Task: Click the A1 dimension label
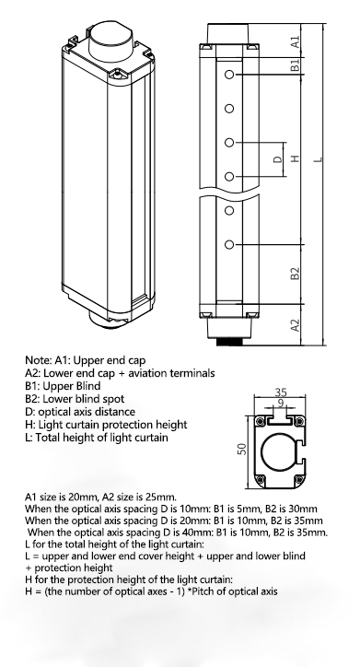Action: tap(296, 41)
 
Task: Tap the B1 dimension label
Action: tap(296, 65)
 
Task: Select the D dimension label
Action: tap(277, 159)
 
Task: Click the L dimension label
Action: tap(318, 159)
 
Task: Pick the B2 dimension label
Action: tap(296, 274)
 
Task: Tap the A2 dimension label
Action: tap(296, 325)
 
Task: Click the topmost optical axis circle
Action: tap(229, 75)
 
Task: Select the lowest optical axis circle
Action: tap(229, 244)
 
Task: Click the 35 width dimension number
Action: tap(281, 392)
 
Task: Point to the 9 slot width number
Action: tap(281, 403)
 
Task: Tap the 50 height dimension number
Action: tap(242, 450)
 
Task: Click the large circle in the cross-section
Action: tap(261, 452)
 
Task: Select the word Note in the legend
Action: tap(39, 360)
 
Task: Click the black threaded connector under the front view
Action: tap(229, 341)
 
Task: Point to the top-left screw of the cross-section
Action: tap(260, 421)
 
